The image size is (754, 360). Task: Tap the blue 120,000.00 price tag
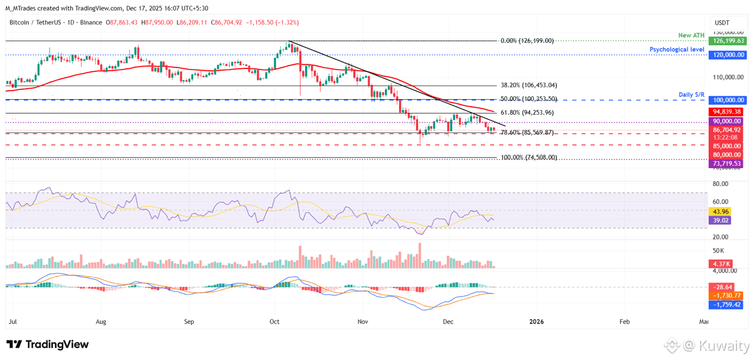(x=726, y=54)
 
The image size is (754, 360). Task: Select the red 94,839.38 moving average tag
(x=725, y=111)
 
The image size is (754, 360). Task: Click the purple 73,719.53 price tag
(x=725, y=164)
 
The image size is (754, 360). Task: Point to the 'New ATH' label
(x=692, y=35)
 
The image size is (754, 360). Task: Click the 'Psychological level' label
(x=677, y=50)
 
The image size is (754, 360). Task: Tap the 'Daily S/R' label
(x=691, y=94)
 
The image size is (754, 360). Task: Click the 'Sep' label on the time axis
(x=188, y=321)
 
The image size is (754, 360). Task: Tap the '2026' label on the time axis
(x=537, y=321)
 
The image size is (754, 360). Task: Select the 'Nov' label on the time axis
(x=363, y=321)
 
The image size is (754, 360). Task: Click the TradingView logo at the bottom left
(x=48, y=344)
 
